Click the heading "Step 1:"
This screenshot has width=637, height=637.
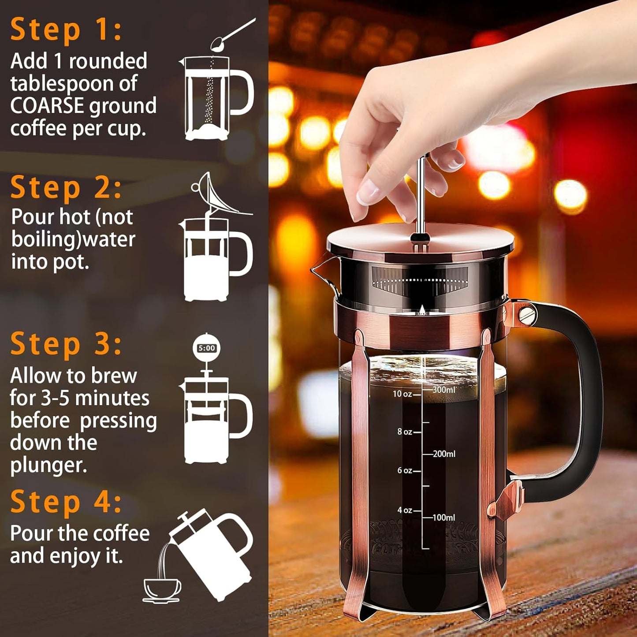point(66,30)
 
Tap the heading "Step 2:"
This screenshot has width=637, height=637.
point(66,188)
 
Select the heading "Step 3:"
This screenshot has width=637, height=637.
point(66,344)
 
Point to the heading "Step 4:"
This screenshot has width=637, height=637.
point(66,502)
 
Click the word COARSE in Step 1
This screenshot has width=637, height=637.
point(47,106)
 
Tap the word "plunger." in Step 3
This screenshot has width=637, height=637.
point(48,466)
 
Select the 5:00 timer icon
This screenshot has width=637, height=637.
point(206,348)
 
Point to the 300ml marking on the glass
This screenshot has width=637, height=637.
point(443,390)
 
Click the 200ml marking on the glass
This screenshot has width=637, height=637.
point(443,454)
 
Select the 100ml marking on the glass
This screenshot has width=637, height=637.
point(443,518)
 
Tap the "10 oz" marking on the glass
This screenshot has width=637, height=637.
point(402,394)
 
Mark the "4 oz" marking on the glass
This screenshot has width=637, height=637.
point(404,510)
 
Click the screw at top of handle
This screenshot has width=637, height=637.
point(525,315)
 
